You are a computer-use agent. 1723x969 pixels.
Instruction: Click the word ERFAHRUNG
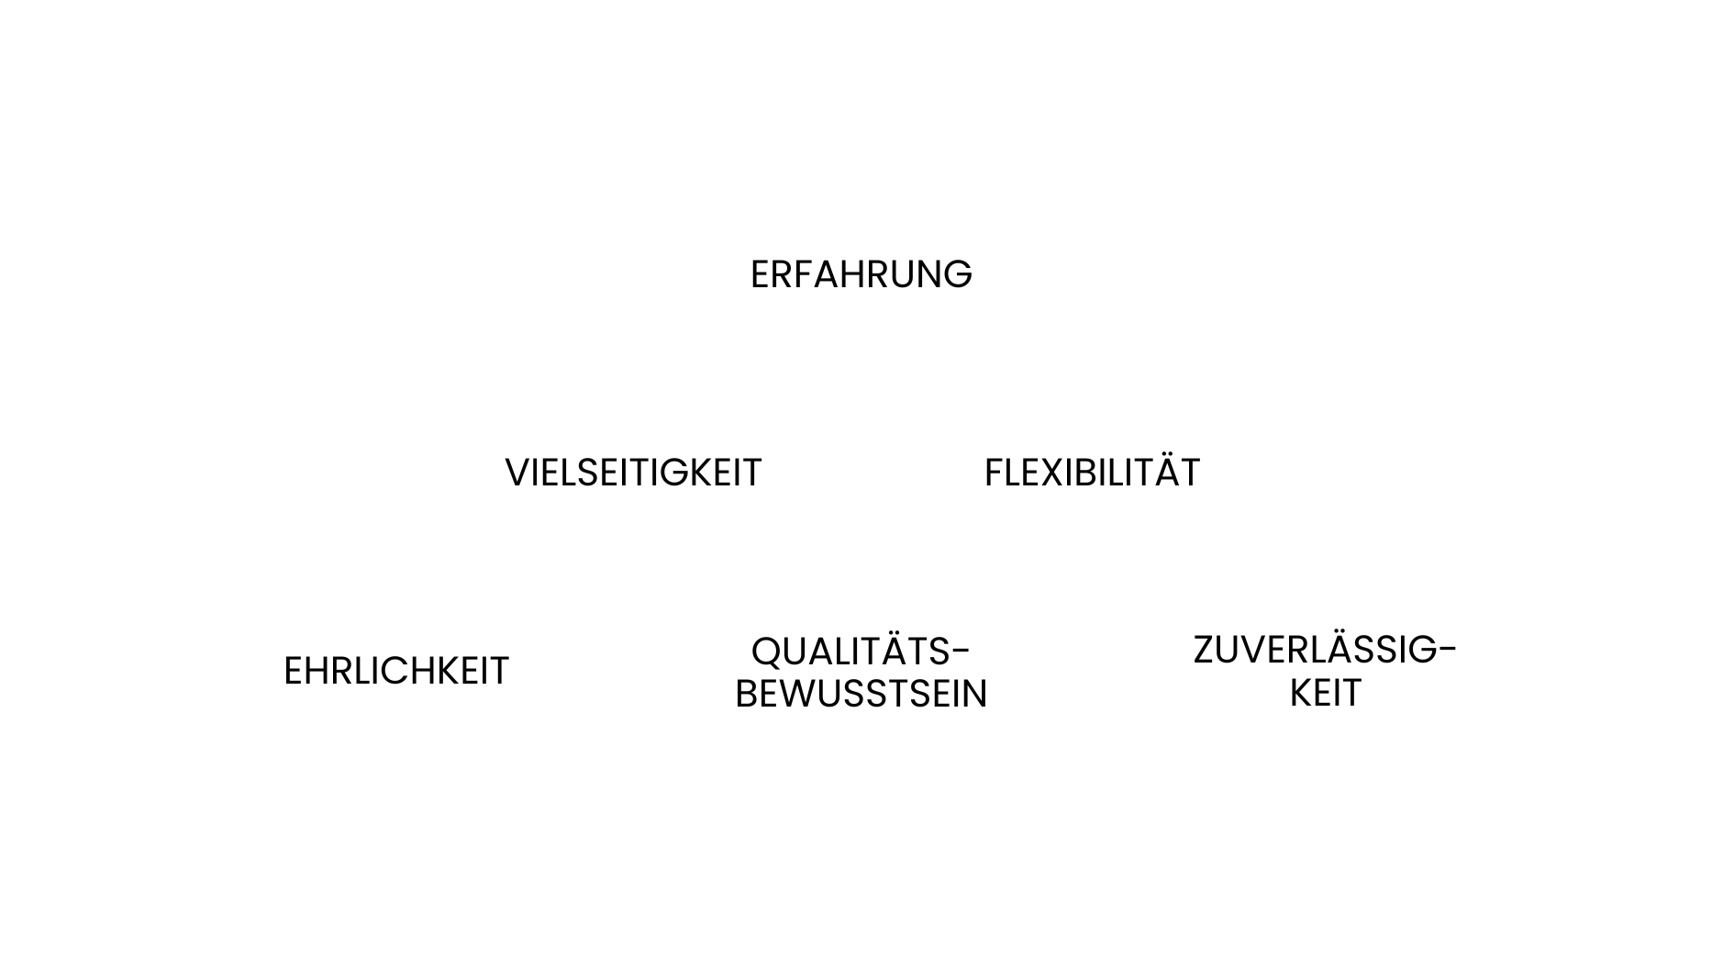[x=861, y=274]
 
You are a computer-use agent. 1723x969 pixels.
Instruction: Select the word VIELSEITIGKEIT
[x=633, y=473]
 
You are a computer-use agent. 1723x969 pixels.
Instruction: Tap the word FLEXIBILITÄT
[x=1092, y=473]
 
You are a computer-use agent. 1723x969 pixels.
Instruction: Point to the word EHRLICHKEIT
[x=396, y=671]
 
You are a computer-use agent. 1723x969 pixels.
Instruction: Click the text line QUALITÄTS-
[x=861, y=652]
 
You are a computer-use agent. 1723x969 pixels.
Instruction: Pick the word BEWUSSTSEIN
[x=861, y=694]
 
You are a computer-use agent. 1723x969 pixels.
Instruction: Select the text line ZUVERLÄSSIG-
[x=1324, y=651]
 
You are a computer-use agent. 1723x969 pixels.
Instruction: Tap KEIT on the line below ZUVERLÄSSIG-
[x=1325, y=694]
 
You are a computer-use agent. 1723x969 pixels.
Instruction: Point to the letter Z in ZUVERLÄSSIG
[x=1204, y=651]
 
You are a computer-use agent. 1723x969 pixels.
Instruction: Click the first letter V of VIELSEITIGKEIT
[x=517, y=473]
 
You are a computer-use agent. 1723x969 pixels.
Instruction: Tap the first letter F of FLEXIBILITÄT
[x=993, y=473]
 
